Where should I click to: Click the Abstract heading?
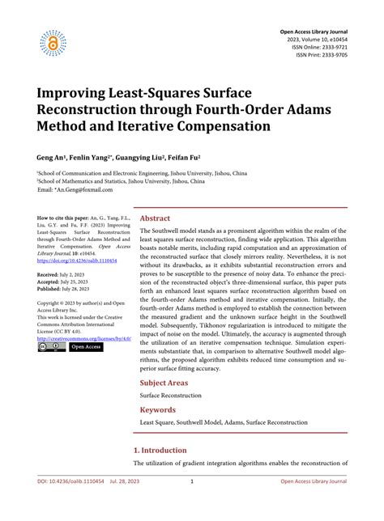point(155,218)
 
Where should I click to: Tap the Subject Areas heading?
point(165,382)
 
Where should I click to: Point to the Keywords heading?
point(159,409)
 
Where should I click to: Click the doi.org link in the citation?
point(77,261)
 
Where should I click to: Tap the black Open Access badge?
point(85,347)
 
